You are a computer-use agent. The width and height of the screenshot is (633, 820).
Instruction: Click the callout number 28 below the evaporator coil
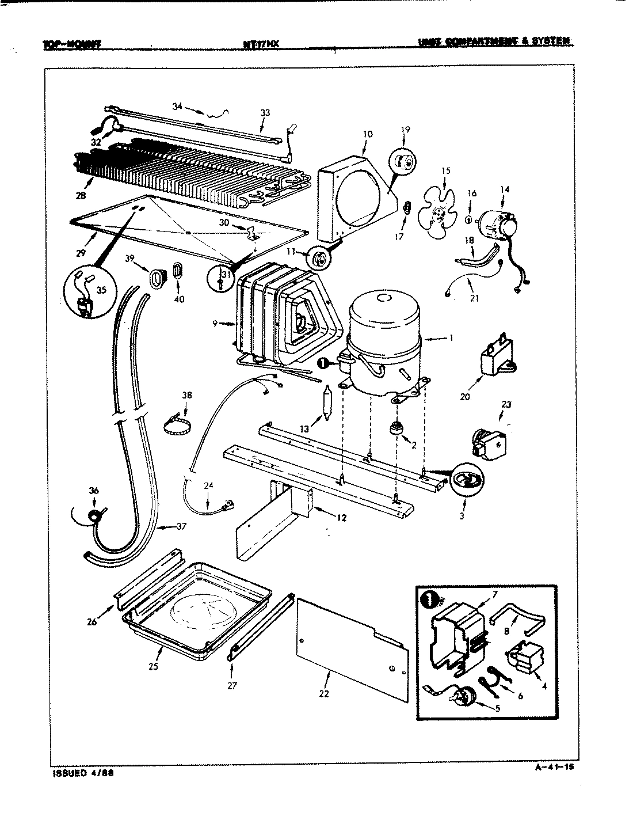click(x=80, y=196)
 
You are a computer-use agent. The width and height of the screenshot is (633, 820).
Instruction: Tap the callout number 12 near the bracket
click(x=342, y=518)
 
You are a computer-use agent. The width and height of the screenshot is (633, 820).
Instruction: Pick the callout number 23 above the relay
click(x=506, y=405)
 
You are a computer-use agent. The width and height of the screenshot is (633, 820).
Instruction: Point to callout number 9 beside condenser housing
click(x=215, y=324)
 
